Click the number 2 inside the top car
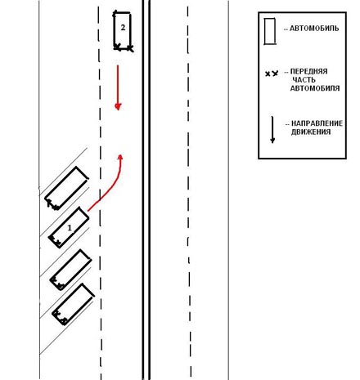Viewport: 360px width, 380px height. (x=123, y=28)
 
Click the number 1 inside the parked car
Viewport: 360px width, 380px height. (x=70, y=227)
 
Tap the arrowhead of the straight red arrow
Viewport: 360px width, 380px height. (x=118, y=106)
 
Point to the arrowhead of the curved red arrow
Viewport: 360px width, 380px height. (x=120, y=157)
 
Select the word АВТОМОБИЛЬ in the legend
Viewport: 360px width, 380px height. (x=314, y=29)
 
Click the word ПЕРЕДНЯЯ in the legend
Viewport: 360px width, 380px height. (x=308, y=71)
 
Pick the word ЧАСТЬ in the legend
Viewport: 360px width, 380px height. (x=304, y=80)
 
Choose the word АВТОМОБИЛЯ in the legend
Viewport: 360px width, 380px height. (x=315, y=88)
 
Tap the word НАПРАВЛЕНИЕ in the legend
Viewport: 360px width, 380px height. (x=317, y=123)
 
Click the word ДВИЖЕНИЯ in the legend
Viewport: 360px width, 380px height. (x=311, y=132)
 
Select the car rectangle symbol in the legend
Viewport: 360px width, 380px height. (x=270, y=31)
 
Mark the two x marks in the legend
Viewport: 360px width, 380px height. (x=272, y=74)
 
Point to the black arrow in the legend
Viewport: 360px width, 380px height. (x=272, y=130)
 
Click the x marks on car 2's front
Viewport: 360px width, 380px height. (x=124, y=48)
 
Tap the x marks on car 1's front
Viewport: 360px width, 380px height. (x=56, y=241)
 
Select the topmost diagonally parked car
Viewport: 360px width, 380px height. (x=66, y=188)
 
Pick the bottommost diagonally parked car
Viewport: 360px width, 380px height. (x=74, y=305)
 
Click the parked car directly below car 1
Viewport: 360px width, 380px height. (x=70, y=270)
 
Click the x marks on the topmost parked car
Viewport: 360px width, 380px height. (x=52, y=205)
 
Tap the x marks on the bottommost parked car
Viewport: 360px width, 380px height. (x=61, y=317)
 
